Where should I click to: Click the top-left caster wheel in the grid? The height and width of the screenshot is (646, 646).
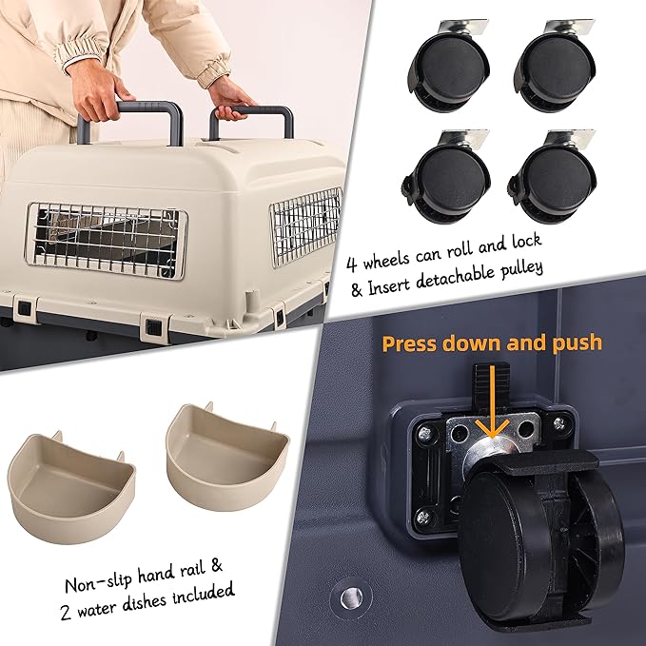tap(450, 68)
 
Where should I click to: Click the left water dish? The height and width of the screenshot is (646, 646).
tap(70, 488)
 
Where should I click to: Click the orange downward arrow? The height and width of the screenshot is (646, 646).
tap(492, 401)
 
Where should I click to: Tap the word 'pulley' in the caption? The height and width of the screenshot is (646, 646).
tap(521, 271)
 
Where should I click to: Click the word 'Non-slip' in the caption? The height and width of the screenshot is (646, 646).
tap(99, 580)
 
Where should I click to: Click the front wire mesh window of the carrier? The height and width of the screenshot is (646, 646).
tap(106, 241)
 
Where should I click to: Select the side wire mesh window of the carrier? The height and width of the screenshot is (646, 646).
tap(305, 225)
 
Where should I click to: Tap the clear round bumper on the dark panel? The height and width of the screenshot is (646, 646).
tap(351, 597)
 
